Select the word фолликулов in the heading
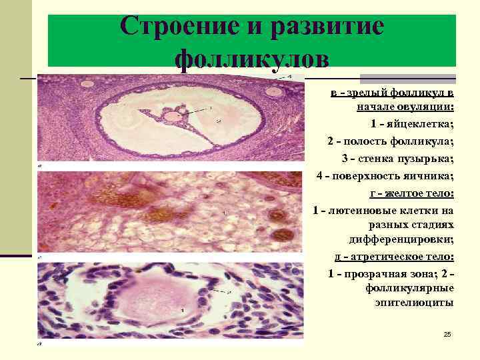coord(251,60)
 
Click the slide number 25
coord(447,333)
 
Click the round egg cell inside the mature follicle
coord(173,117)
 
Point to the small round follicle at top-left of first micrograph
coord(87,85)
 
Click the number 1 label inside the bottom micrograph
coord(183,311)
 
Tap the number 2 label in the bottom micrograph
coord(229,292)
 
